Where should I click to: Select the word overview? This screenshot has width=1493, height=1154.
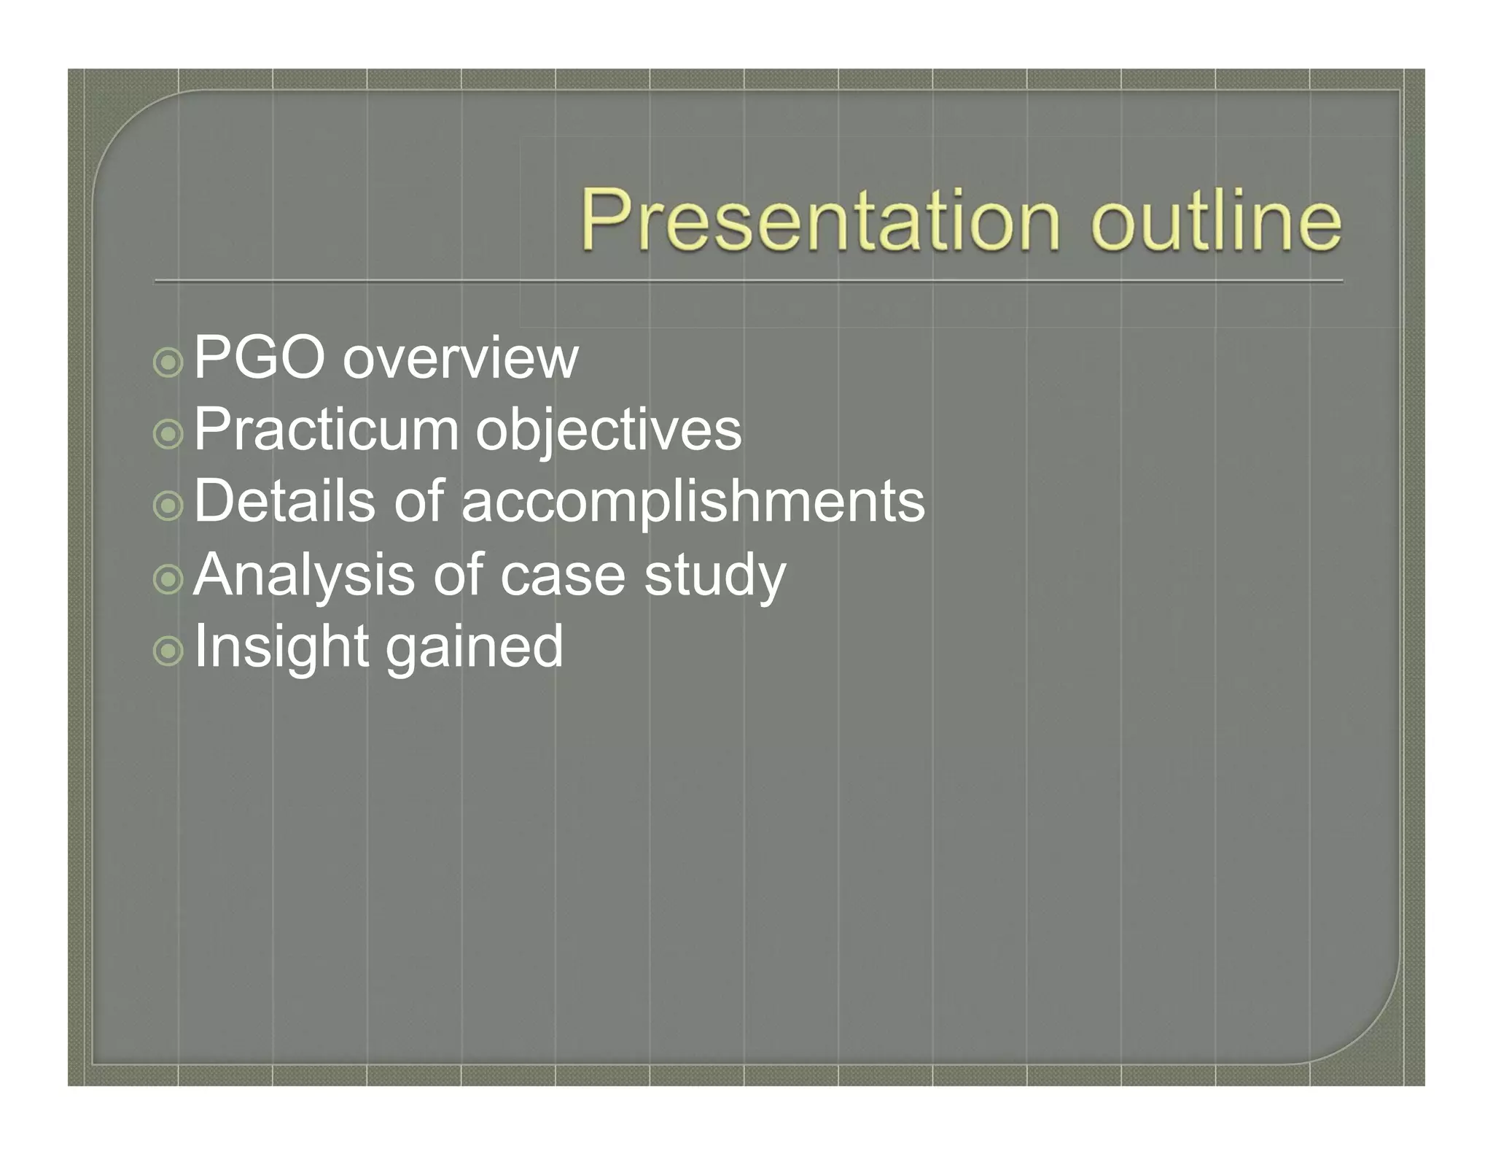[460, 359]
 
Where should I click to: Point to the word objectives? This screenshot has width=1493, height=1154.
[609, 431]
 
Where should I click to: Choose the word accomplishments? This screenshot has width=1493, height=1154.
[693, 503]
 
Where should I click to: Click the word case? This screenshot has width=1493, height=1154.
[562, 576]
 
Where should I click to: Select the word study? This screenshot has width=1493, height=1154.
[714, 576]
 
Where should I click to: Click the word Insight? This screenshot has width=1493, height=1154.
[281, 646]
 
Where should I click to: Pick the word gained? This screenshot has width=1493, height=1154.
[474, 648]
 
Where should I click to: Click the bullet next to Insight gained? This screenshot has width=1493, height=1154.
[168, 651]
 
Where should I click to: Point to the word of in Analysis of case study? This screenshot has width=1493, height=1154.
[458, 575]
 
